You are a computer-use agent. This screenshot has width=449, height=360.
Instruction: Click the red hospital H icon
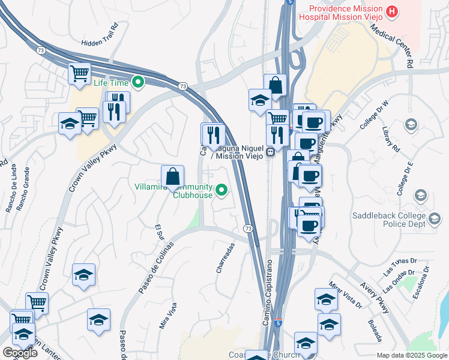tap(392, 11)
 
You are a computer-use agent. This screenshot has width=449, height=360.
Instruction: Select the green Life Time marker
tap(138, 82)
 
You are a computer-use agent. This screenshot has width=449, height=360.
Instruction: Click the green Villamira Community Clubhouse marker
tap(222, 191)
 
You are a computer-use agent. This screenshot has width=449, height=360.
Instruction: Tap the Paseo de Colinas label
tap(155, 268)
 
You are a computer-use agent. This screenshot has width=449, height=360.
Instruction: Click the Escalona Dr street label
tap(423, 283)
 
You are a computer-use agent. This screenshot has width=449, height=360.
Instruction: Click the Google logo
tap(20, 353)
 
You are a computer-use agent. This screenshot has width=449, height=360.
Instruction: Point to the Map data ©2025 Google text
tap(412, 355)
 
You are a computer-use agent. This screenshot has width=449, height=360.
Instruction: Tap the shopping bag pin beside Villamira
tap(172, 176)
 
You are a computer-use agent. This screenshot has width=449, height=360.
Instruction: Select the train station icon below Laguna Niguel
tap(271, 151)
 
